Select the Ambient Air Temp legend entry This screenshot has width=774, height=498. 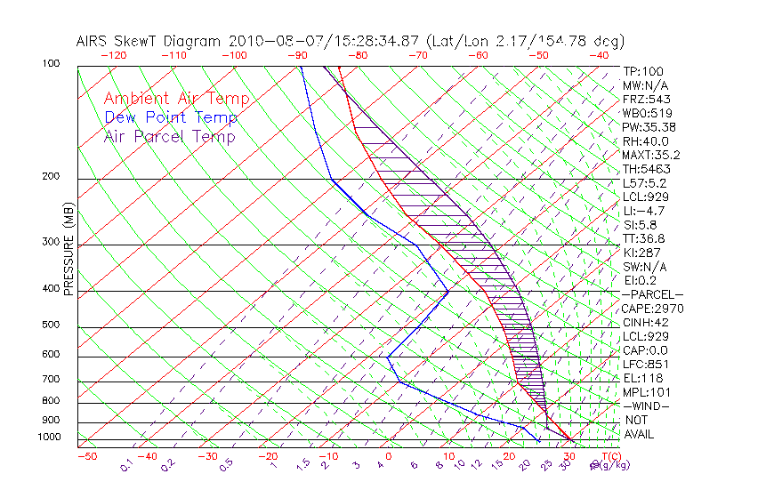click(176, 99)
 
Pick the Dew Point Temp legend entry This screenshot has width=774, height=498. click(171, 117)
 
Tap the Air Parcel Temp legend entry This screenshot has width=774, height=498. click(169, 136)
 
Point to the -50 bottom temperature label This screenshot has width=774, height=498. click(86, 456)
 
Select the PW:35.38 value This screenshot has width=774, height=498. click(649, 127)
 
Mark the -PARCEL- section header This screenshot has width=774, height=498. click(652, 294)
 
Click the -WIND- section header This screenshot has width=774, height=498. click(647, 406)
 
